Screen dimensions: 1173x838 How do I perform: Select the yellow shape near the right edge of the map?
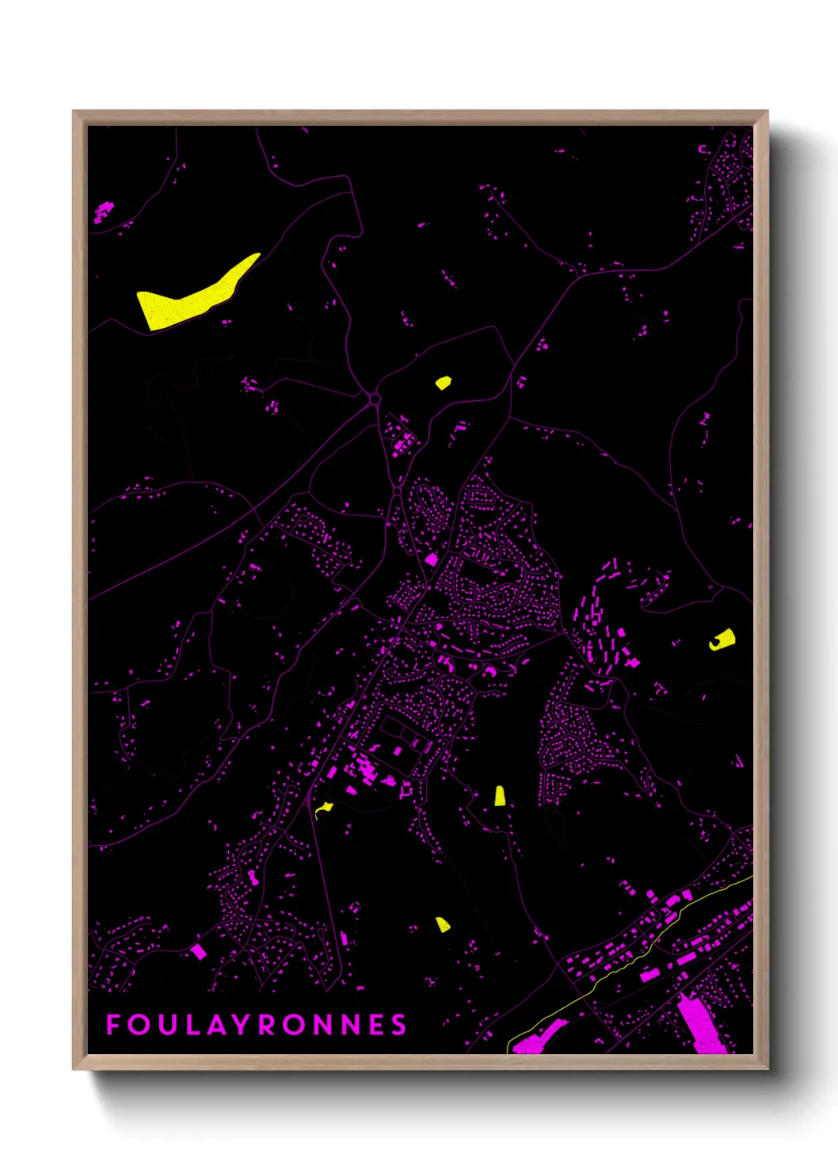pyautogui.click(x=722, y=640)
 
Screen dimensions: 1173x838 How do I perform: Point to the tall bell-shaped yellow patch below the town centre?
pyautogui.click(x=500, y=797)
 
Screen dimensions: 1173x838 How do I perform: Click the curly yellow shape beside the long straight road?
pyautogui.click(x=323, y=809)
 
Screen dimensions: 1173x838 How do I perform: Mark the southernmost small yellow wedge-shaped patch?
pyautogui.click(x=443, y=924)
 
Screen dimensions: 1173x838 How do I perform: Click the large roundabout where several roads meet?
pyautogui.click(x=375, y=399)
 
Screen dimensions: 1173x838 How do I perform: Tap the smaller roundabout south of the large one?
pyautogui.click(x=397, y=491)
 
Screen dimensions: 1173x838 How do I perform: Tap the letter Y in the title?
pyautogui.click(x=241, y=1025)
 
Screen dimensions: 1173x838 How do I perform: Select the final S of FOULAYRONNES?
pyautogui.click(x=398, y=1025)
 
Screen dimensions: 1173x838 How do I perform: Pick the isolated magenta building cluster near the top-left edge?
pyautogui.click(x=103, y=212)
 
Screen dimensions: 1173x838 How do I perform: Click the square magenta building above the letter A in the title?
pyautogui.click(x=198, y=951)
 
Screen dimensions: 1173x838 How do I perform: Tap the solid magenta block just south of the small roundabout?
pyautogui.click(x=431, y=559)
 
